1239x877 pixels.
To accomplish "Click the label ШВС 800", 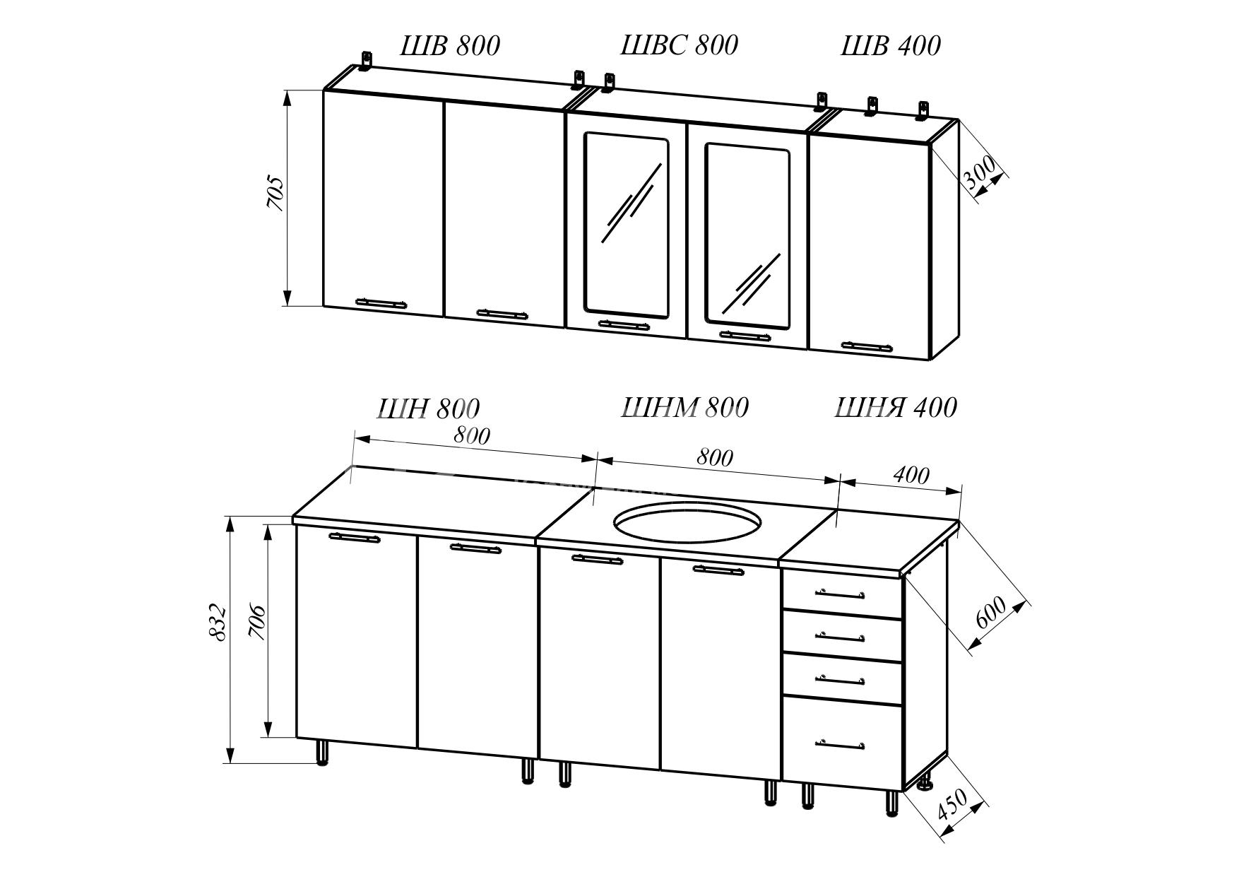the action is click(679, 45).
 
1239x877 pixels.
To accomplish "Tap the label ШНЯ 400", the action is click(896, 408).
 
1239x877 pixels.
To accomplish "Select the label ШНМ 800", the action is click(684, 408).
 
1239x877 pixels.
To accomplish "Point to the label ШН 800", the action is click(429, 408).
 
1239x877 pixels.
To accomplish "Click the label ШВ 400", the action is click(891, 46).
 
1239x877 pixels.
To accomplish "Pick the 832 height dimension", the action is click(218, 622).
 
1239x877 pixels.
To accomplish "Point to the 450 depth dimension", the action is click(952, 804).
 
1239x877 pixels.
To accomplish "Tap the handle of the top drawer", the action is click(840, 593).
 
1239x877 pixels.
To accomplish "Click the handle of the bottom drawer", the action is click(840, 743).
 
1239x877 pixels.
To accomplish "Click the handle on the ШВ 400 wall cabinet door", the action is click(867, 346).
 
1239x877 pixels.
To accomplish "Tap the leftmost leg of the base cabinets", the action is click(322, 752).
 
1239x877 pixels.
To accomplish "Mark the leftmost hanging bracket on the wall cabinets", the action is click(366, 61).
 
